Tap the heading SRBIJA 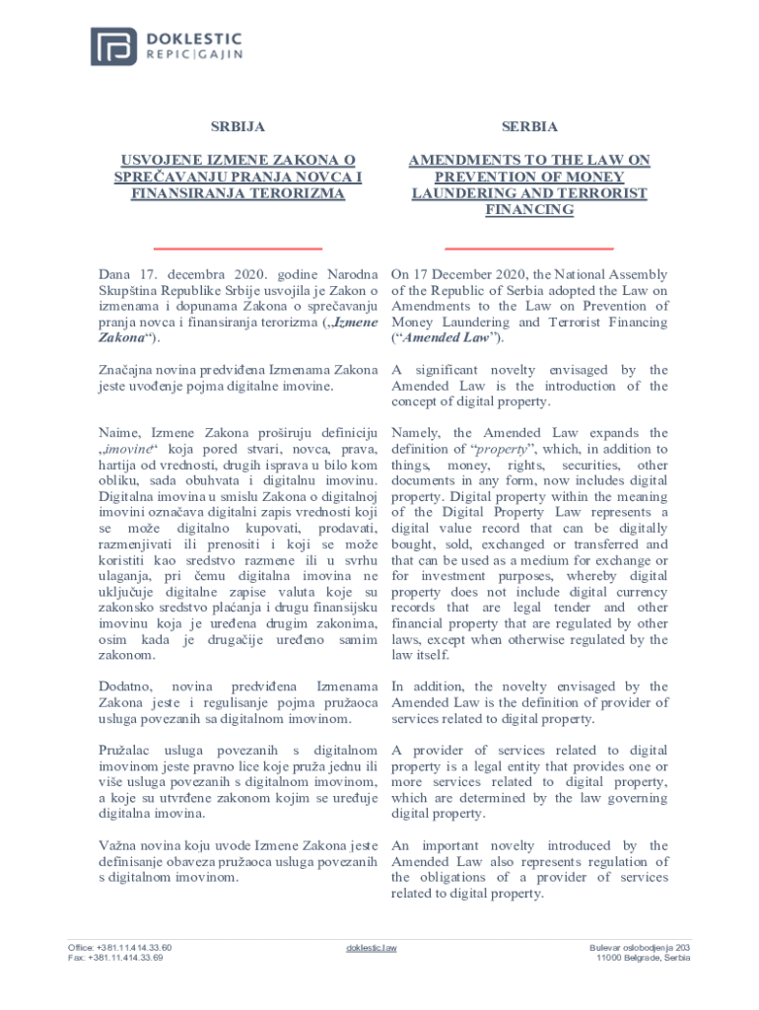(x=238, y=127)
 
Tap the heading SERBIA (x=529, y=127)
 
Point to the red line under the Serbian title (x=239, y=249)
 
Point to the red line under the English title (x=529, y=249)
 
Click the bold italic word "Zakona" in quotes (x=119, y=338)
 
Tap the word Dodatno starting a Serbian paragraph (x=126, y=685)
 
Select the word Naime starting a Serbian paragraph (x=119, y=433)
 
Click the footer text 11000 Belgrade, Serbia (x=643, y=958)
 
